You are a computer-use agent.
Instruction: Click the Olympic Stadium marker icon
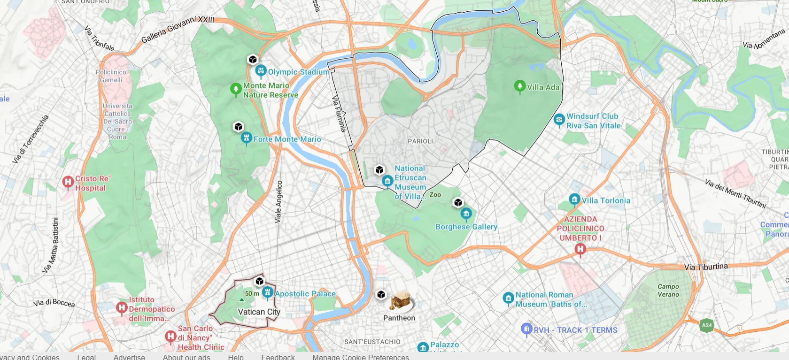pos(261,71)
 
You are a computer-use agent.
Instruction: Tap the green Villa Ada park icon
pos(519,86)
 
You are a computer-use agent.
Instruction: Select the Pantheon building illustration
pos(401,301)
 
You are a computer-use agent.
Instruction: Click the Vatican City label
pos(259,312)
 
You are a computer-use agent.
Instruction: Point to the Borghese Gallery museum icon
pos(466,214)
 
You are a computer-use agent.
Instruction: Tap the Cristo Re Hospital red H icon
pos(68,182)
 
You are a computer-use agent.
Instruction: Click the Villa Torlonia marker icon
pos(574,199)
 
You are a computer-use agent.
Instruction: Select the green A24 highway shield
pos(706,325)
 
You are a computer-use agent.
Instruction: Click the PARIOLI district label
pos(420,141)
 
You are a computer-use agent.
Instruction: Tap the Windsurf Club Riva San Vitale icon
pos(559,120)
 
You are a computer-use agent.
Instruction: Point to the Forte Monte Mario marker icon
pos(246,138)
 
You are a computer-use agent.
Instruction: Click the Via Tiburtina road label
pos(706,267)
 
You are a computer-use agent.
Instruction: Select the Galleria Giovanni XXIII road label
pos(178,29)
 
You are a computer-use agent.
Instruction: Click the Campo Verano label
pos(668,290)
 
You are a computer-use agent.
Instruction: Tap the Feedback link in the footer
pos(278,357)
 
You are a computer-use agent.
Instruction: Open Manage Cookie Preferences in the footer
pos(361,357)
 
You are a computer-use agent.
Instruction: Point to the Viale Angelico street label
pos(279,201)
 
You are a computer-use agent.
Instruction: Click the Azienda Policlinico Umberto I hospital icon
pos(580,249)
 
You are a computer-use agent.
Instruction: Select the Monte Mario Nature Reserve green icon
pos(236,89)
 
